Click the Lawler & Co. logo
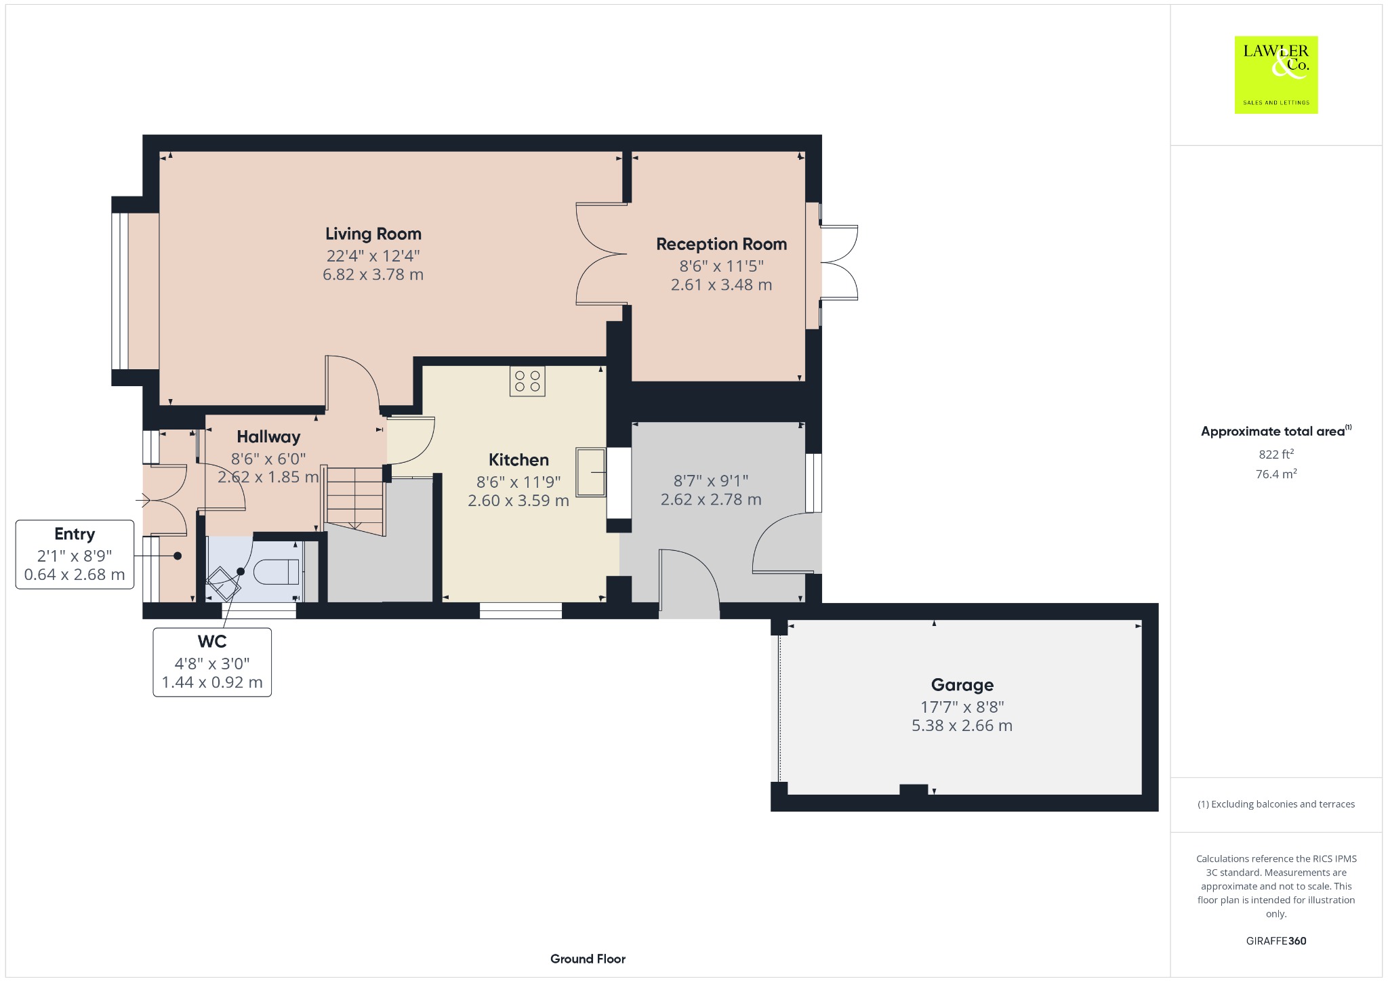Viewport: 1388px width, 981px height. click(x=1275, y=75)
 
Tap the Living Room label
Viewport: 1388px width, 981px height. click(x=373, y=234)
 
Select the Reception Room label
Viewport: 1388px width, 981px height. click(x=721, y=244)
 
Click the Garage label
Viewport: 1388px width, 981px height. click(x=962, y=685)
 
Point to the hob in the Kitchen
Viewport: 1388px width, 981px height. click(x=527, y=381)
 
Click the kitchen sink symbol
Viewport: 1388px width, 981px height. click(x=591, y=472)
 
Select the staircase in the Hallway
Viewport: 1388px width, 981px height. click(x=354, y=499)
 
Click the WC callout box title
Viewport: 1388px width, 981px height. click(x=212, y=641)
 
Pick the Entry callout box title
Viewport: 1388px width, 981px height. click(x=75, y=534)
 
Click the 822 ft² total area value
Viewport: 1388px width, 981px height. click(x=1276, y=454)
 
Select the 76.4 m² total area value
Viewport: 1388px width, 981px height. click(x=1276, y=474)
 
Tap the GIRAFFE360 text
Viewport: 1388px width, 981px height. click(x=1276, y=940)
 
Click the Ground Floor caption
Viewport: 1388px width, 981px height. click(x=588, y=959)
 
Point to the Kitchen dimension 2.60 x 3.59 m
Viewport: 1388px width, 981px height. click(x=518, y=501)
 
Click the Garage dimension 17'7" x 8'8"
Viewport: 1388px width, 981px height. click(x=962, y=707)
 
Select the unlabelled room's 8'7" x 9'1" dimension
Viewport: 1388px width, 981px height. click(x=711, y=480)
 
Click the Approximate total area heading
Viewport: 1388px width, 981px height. click(x=1276, y=431)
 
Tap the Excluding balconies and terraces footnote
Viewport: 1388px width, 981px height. click(x=1276, y=804)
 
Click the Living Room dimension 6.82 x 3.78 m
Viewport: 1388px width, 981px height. click(x=373, y=274)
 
